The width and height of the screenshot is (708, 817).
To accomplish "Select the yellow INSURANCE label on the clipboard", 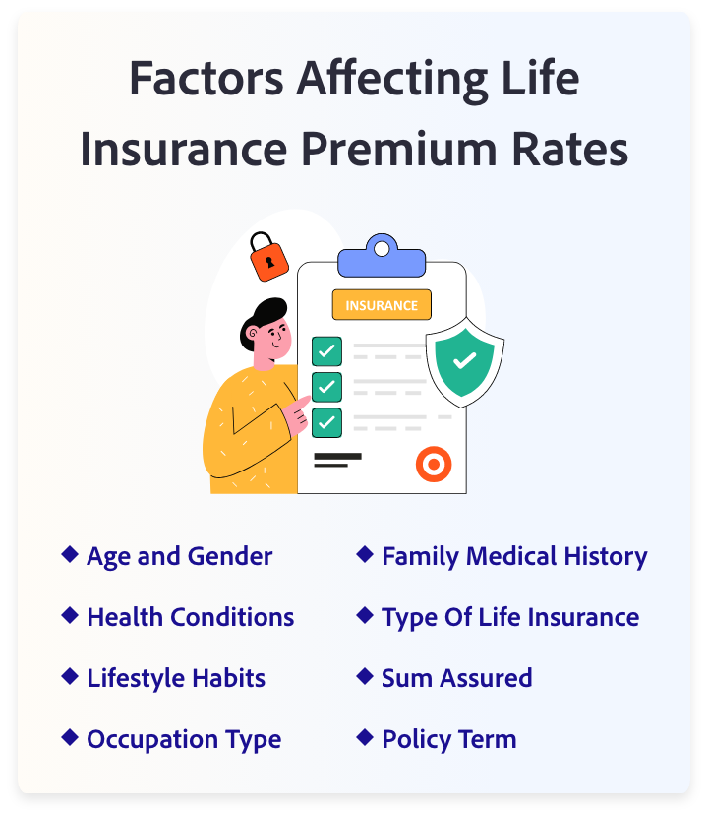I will tap(382, 305).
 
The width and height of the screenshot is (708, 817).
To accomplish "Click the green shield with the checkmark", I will tap(464, 360).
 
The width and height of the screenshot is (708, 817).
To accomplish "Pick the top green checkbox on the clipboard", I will tap(326, 351).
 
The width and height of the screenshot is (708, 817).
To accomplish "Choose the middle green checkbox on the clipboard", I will tap(326, 387).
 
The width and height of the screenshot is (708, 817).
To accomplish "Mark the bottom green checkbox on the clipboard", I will tap(326, 422).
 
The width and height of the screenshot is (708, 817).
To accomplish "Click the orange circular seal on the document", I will tap(433, 463).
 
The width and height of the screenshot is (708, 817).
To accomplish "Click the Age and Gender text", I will tap(179, 556).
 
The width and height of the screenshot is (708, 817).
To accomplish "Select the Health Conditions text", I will tap(190, 617).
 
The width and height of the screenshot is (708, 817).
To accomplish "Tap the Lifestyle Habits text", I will tap(176, 678).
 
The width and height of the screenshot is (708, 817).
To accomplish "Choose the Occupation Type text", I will tap(184, 739).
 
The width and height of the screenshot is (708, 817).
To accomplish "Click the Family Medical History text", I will tap(514, 556).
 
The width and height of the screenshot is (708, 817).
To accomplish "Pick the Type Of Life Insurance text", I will tap(510, 617).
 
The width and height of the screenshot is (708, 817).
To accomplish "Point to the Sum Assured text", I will tap(456, 678).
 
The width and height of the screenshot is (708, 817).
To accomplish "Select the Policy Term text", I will tap(448, 739).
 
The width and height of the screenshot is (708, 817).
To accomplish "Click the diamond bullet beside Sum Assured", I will tap(365, 676).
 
